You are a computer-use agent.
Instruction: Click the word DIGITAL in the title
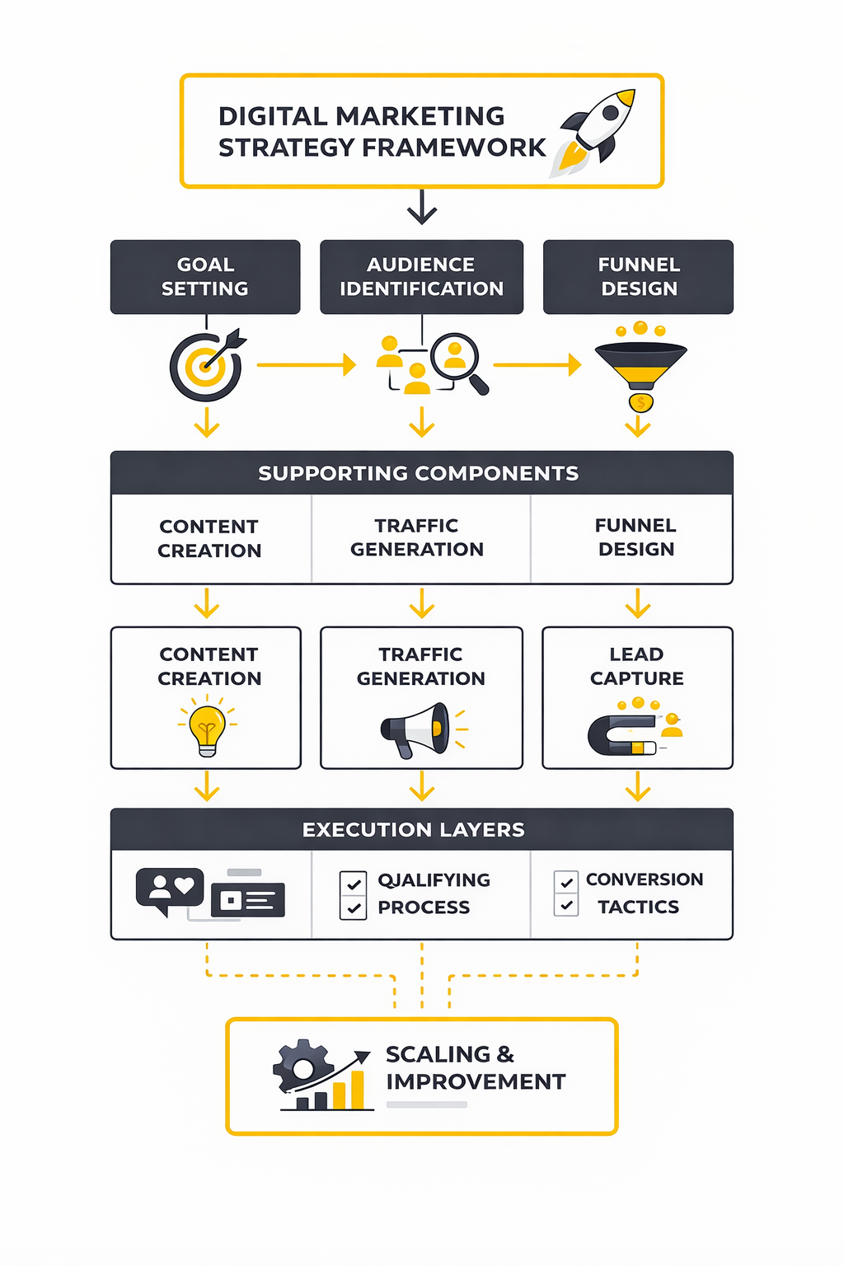(x=273, y=116)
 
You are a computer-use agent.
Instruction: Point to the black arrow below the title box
(x=422, y=207)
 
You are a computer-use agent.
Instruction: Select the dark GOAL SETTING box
(x=205, y=277)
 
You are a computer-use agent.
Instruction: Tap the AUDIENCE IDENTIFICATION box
(x=421, y=277)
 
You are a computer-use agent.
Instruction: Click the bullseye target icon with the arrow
(x=206, y=365)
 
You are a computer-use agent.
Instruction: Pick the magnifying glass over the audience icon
(x=458, y=361)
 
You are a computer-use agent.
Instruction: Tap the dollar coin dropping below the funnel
(x=640, y=403)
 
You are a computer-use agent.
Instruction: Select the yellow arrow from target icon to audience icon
(x=306, y=364)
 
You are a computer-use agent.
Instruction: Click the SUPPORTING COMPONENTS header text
(x=419, y=473)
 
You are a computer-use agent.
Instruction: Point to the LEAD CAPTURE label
(x=636, y=666)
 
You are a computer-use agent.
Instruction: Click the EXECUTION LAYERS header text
(x=414, y=829)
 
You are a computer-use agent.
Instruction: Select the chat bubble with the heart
(x=170, y=889)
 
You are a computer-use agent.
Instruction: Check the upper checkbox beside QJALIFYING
(x=354, y=884)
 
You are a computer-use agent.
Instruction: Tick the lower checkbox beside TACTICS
(x=566, y=905)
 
